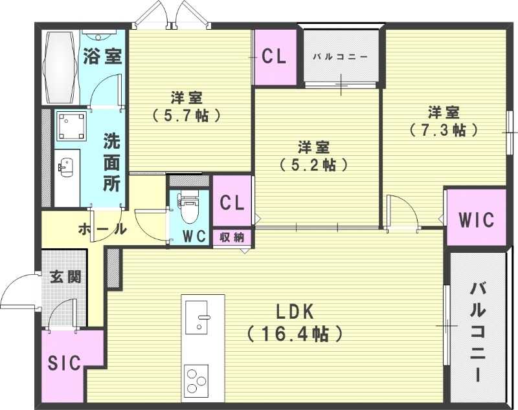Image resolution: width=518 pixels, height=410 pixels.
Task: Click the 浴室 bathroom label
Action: pos(102,56)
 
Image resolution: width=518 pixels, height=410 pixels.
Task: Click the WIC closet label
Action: pos(476,220)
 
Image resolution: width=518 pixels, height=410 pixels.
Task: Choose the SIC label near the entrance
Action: pos(65,363)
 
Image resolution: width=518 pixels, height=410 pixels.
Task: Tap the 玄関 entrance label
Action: pos(65,277)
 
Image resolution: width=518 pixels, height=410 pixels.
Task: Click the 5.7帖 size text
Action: pos(186,116)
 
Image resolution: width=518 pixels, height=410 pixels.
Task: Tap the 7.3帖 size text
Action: pos(444,129)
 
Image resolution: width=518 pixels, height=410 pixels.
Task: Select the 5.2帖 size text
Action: pos(314,164)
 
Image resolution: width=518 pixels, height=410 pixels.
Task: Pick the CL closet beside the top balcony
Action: pos(274,57)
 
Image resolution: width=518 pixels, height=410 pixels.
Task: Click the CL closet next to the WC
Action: pos(232,203)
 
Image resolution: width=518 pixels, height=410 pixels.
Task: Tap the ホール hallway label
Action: pos(102,229)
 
